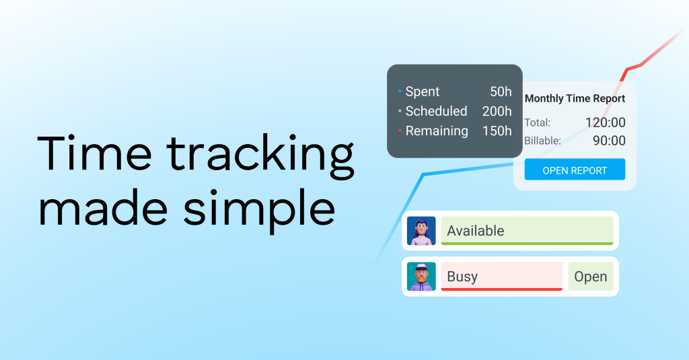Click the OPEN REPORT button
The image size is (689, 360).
tap(575, 170)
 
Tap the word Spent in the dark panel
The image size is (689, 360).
tap(423, 92)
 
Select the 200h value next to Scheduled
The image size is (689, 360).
tap(497, 111)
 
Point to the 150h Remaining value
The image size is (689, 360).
tap(497, 131)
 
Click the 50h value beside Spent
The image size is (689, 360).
tap(501, 92)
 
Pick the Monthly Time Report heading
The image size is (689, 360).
tap(575, 98)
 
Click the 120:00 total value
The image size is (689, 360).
tap(605, 122)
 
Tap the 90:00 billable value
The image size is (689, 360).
tap(609, 141)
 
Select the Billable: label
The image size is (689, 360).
tap(543, 141)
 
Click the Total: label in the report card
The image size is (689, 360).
tap(538, 122)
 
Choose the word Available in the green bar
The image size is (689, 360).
tap(476, 231)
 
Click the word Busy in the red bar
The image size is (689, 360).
tap(462, 277)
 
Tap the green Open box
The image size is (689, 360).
tap(591, 277)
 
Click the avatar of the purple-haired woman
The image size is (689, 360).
tap(421, 231)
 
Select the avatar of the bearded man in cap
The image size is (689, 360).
tap(421, 277)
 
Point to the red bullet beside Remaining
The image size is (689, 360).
tap(400, 131)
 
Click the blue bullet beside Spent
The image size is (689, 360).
tap(400, 92)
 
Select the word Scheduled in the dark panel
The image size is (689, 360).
tap(436, 111)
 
